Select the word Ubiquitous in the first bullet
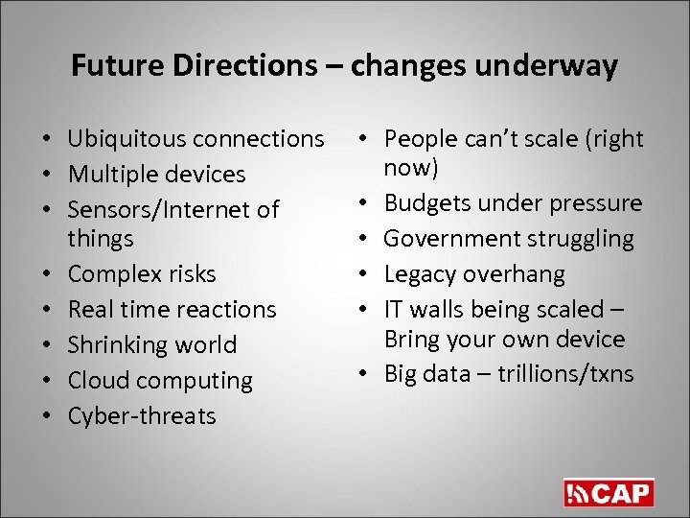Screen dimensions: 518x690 point(127,139)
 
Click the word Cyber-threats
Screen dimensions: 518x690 point(142,416)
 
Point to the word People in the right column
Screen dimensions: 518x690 point(419,140)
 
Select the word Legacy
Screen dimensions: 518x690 point(418,274)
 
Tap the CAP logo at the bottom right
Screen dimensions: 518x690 point(609,493)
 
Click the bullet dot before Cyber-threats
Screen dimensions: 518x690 point(47,417)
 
